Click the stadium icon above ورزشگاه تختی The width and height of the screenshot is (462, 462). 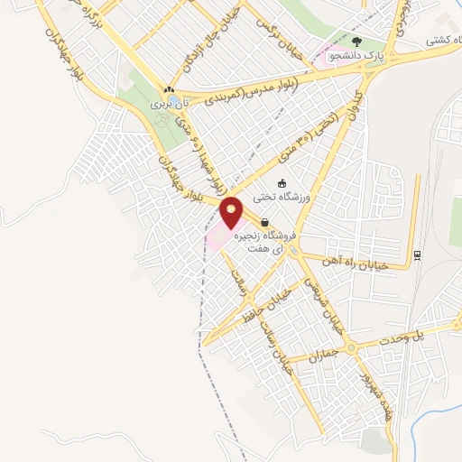click(282, 182)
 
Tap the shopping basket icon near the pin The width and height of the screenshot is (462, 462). click(263, 222)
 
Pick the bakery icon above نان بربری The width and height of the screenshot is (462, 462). click(169, 90)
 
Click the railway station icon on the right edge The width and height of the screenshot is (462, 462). click(417, 254)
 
